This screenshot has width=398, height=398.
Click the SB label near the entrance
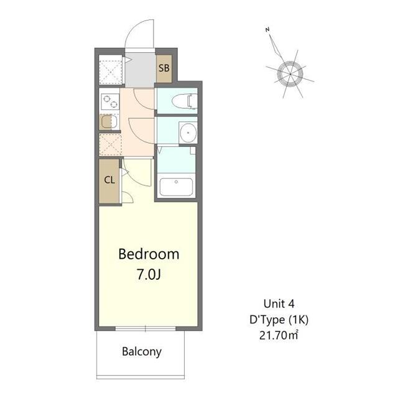coord(164,68)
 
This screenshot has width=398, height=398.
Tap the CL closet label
coord(109,180)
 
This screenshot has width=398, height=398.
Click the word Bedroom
coord(149,254)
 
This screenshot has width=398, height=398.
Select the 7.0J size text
coord(149,274)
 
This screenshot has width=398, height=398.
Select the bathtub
coord(177,186)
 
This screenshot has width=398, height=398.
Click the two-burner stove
coord(109,101)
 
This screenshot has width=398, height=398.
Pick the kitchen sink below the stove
coord(108,122)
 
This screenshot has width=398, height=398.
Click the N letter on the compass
coord(267,29)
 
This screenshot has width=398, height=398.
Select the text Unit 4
coord(279,304)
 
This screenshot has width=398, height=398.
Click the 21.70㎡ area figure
coord(279,336)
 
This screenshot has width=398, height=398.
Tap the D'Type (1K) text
coord(279,320)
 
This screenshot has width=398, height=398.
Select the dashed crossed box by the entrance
coord(111,70)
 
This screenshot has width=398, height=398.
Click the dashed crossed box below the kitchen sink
coord(110,144)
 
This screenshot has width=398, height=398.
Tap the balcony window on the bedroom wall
coord(148,327)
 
